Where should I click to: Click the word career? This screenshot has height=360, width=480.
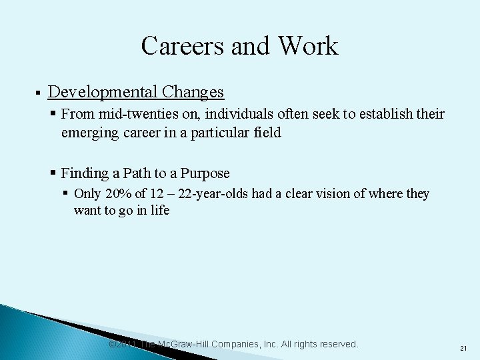(145, 132)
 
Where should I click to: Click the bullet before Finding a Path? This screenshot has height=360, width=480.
(53, 173)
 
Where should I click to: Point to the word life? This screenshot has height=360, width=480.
(161, 211)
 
